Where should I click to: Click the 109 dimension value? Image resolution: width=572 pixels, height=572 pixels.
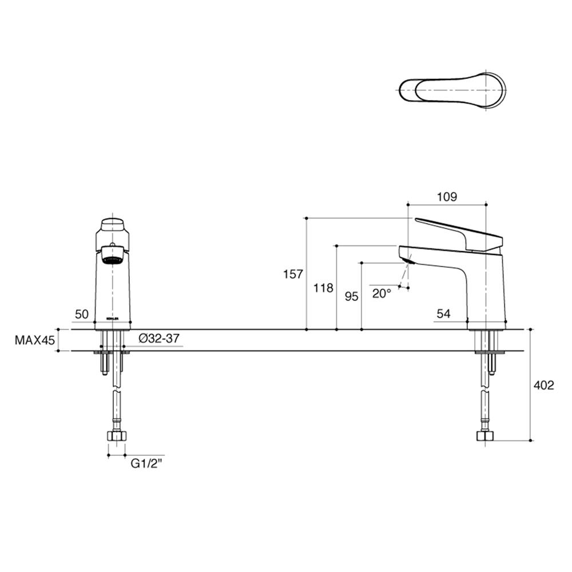point(447,197)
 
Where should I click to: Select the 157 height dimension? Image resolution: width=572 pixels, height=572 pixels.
point(293,275)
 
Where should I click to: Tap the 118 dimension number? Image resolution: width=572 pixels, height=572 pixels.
point(323,288)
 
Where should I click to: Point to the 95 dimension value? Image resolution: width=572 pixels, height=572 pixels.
point(351,296)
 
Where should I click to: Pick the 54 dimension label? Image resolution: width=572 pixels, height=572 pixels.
point(443,313)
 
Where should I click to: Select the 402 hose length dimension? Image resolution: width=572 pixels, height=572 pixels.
point(543,386)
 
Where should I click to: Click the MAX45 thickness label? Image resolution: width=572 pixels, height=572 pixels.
point(34,340)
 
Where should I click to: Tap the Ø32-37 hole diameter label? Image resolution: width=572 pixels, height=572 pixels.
point(160,339)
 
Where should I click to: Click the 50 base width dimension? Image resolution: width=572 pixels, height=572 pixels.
point(81,313)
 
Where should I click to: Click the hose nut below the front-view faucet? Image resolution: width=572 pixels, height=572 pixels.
point(117,436)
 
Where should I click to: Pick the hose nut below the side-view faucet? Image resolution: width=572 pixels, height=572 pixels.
point(484,436)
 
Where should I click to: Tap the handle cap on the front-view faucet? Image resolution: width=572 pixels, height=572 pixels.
point(113,224)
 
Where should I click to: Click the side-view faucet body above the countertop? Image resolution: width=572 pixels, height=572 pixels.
point(486,286)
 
